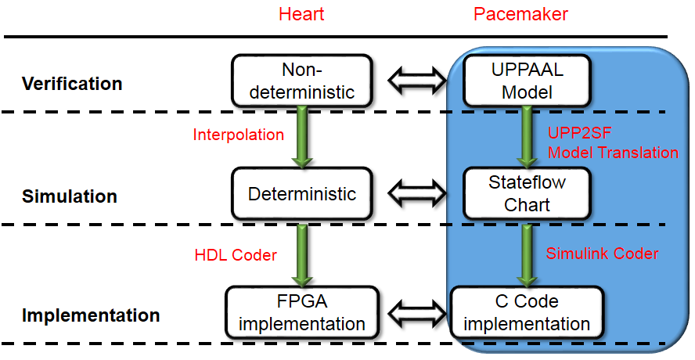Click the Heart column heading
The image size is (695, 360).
tap(301, 15)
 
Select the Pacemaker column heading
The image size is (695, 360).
tap(521, 15)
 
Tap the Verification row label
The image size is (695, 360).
tap(72, 84)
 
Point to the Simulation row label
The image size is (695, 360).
tap(70, 196)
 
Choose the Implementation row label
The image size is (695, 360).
tap(91, 316)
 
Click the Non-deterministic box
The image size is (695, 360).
tap(301, 81)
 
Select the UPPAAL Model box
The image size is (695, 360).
tap(526, 81)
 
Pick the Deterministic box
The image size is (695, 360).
tap(301, 193)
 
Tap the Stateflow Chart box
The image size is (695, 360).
tap(526, 193)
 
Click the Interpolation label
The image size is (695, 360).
tap(238, 135)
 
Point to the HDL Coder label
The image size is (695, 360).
tap(236, 256)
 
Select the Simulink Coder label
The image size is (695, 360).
tap(602, 254)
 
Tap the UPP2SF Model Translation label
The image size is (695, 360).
tap(612, 143)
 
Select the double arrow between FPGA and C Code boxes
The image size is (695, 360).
tap(416, 313)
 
